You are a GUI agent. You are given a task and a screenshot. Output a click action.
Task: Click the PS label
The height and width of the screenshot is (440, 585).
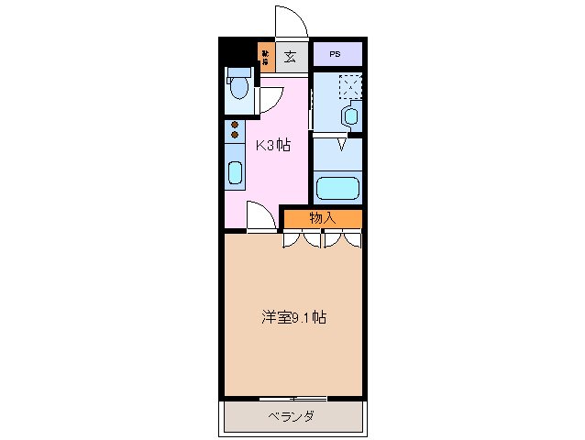coord(336,55)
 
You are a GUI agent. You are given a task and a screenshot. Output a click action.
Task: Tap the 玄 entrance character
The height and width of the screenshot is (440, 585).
coord(290,57)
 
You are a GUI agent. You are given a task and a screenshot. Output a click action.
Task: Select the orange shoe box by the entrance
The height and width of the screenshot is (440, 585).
coord(266,58)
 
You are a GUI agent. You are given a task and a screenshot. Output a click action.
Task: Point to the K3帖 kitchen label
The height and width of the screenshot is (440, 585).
coord(272,144)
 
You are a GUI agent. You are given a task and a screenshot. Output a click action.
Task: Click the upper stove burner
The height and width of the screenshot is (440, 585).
coord(235,125)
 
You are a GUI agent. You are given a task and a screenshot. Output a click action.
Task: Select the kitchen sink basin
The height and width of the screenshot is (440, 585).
coord(235,172)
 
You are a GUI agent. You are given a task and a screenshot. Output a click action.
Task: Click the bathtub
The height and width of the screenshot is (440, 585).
coord(337,189)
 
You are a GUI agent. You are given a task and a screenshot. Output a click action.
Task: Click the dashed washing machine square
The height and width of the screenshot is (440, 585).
coord(349,87)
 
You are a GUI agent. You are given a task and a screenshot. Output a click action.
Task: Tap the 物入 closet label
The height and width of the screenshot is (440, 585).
coord(322,218)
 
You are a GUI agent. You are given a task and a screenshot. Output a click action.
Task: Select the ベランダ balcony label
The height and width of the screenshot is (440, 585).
coord(292,417)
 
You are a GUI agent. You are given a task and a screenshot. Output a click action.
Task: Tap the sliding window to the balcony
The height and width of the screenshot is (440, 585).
coord(292,398)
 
